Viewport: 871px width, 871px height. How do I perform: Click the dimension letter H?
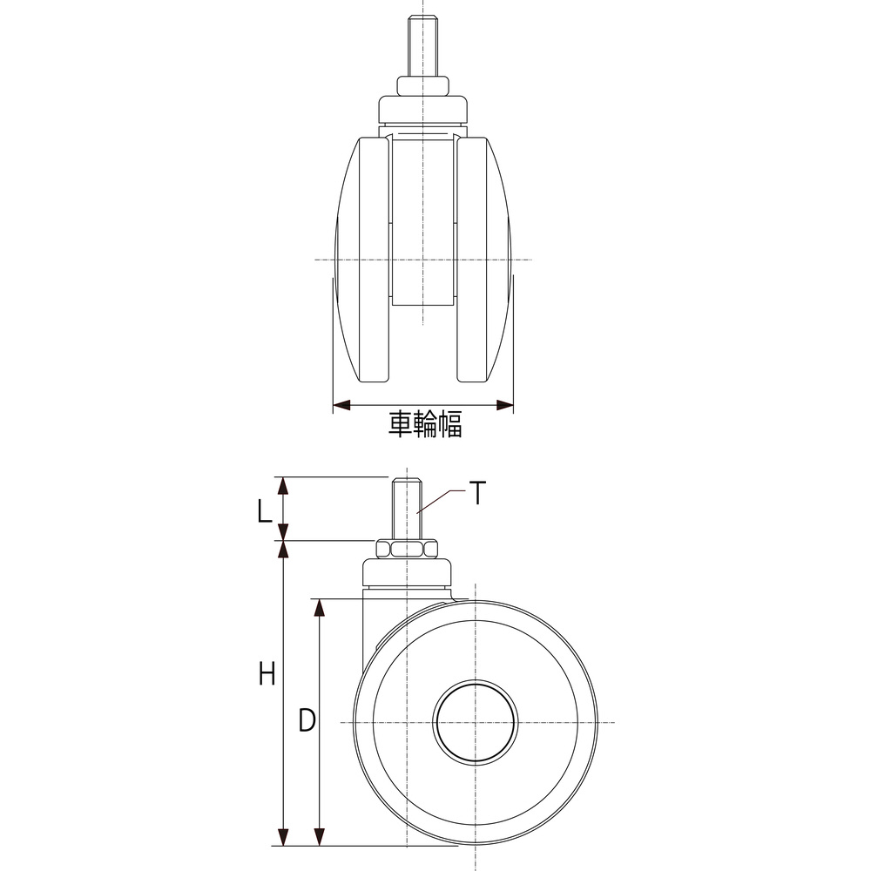(267, 674)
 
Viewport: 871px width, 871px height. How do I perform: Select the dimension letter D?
(307, 720)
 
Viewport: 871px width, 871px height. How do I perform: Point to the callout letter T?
(477, 493)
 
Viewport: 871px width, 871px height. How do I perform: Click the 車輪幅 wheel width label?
(425, 424)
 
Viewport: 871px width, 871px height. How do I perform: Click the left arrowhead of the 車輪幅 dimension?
(341, 406)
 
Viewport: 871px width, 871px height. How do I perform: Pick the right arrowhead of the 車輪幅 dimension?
(504, 406)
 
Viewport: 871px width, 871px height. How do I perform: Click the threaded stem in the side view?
(407, 509)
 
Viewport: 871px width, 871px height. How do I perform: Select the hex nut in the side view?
(407, 550)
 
